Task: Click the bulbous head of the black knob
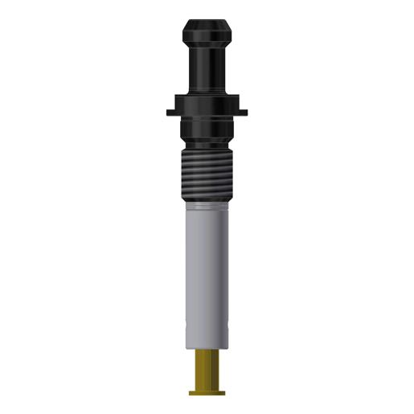click(207, 35)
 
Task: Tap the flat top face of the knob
click(207, 20)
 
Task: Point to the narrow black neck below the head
click(207, 72)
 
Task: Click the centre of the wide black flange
click(207, 107)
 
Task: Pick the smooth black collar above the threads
click(207, 133)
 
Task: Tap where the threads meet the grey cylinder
click(207, 202)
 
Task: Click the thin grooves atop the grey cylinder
click(207, 207)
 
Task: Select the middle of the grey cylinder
click(207, 265)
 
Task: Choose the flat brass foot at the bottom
click(207, 392)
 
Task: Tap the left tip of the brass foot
click(191, 392)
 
